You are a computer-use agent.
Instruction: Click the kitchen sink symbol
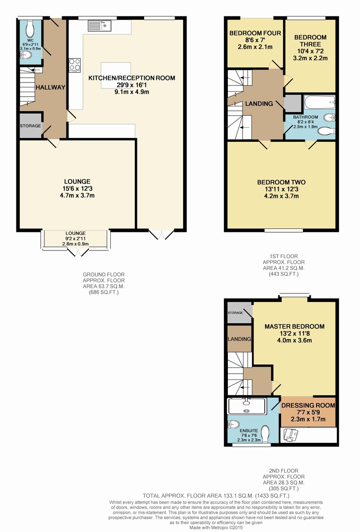click(99, 26)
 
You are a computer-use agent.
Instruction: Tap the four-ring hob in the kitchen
click(74, 65)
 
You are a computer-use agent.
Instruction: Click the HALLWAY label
click(51, 87)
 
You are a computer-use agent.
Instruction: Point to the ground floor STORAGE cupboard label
click(31, 126)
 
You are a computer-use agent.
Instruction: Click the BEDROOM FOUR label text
click(255, 33)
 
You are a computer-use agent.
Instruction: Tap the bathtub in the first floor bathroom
click(319, 102)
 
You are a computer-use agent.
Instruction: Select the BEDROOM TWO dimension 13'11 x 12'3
click(282, 189)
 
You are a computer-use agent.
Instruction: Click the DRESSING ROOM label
click(308, 405)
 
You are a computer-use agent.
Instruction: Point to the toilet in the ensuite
click(265, 434)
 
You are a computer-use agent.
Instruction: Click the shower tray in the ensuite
click(247, 407)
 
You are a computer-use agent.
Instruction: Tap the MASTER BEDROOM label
click(294, 326)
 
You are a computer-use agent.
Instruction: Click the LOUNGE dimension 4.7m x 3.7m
click(77, 196)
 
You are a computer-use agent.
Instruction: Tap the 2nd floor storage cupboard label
click(235, 313)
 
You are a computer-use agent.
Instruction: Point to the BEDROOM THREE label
click(310, 41)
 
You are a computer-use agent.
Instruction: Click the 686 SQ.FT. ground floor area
click(104, 292)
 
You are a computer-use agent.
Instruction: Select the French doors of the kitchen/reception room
click(161, 235)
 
